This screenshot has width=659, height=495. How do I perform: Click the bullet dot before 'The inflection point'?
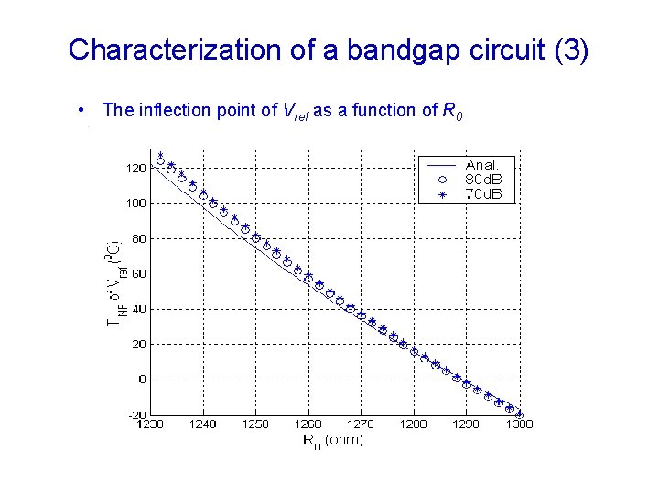(83, 111)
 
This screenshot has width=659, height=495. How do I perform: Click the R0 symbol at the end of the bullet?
(452, 112)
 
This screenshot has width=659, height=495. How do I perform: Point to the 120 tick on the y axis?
(135, 169)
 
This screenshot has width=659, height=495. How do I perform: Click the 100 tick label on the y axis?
(135, 203)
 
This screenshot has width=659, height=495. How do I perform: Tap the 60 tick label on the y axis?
(137, 274)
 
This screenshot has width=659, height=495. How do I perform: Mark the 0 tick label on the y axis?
(141, 379)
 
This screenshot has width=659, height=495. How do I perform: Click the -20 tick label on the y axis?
(135, 415)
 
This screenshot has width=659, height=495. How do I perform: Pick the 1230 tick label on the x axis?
(150, 424)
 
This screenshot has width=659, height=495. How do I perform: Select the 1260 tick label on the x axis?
(308, 424)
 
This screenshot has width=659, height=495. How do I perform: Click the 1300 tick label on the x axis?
(519, 424)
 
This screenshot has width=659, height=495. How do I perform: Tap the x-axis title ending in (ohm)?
(333, 440)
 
